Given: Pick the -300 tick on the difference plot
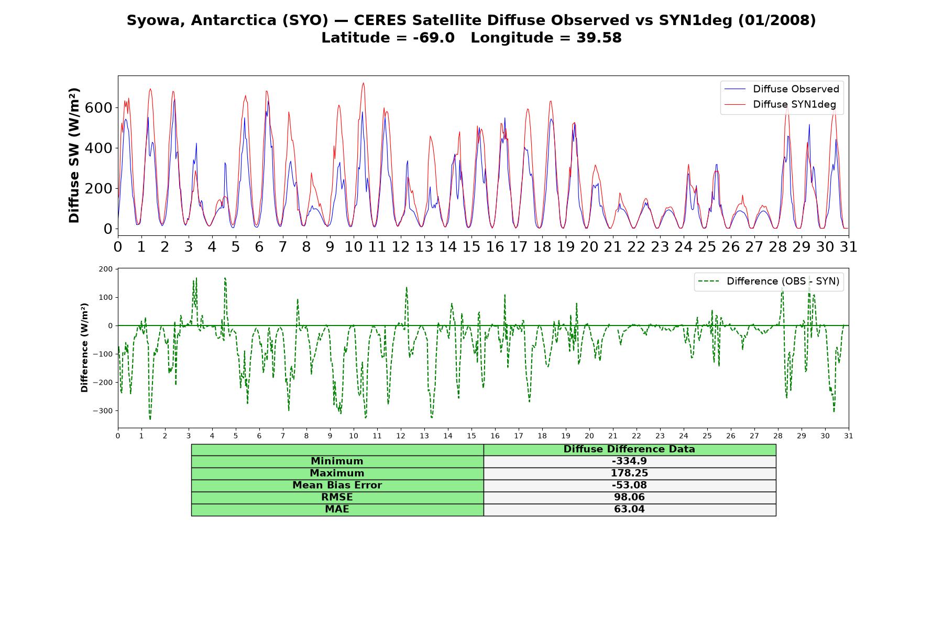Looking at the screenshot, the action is point(103,411).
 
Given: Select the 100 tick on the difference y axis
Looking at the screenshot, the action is point(106,298).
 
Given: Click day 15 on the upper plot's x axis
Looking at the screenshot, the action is point(471,247).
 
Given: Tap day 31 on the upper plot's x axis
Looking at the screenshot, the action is point(848,247).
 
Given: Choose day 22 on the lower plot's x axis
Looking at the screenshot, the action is point(636,436).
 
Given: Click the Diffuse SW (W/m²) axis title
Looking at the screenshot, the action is point(74,156).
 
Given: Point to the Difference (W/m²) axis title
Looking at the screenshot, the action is point(84,348).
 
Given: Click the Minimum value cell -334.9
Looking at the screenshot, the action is point(629,461).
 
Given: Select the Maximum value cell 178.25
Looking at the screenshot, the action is point(629,473).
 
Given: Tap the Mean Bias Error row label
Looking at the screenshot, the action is point(337,485).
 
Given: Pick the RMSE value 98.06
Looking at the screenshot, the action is point(629,497).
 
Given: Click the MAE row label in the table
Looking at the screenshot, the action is point(337,509).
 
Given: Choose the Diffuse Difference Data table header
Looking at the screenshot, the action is point(629,449).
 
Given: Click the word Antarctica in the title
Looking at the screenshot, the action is point(242,20).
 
